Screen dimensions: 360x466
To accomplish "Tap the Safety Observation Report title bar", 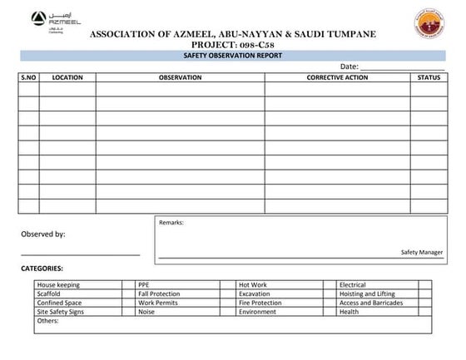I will point(232,55).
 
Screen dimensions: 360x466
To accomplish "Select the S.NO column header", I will point(28,77).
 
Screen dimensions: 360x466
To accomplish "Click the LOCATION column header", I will point(67,77).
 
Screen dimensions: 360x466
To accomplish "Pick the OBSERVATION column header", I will point(180,77).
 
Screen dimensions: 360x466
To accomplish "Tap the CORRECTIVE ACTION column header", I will point(337,77).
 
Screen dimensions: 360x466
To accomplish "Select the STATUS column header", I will point(429,77).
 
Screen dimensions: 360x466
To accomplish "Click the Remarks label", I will point(171,223).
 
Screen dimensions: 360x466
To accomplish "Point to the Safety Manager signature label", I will point(421,251).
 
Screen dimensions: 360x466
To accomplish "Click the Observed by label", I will point(43,234).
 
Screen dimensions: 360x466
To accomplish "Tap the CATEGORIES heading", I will point(42,269).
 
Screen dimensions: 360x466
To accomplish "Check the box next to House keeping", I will point(129,285).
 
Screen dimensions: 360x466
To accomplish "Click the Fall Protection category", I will point(159,293).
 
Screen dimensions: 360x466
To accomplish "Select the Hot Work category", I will point(253,285).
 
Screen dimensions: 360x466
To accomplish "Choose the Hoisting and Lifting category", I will point(367,293).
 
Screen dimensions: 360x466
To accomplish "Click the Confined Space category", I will point(59,303).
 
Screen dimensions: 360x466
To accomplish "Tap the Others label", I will point(48,321).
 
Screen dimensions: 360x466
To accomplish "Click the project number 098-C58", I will point(265,44).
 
